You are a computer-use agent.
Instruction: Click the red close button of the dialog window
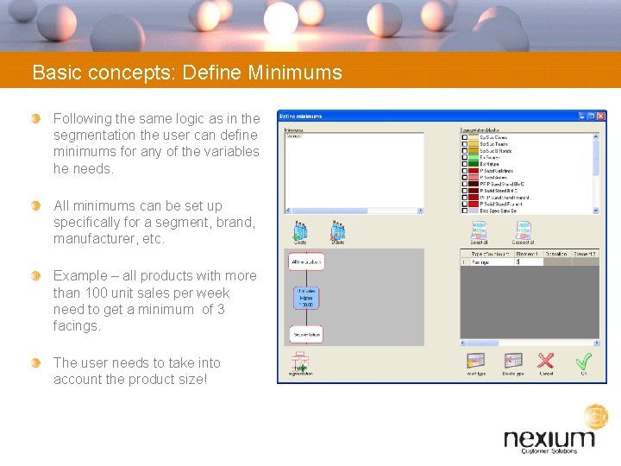(601, 116)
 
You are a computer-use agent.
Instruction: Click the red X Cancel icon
(545, 361)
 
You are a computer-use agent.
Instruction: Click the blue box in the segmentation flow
(306, 298)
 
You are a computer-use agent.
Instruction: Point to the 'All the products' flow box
(306, 261)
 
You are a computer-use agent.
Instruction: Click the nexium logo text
(549, 438)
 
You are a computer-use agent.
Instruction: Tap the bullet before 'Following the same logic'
(35, 117)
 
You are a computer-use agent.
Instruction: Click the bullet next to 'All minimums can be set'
(35, 205)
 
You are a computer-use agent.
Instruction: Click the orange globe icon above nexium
(596, 417)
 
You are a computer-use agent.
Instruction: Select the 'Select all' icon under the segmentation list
(478, 230)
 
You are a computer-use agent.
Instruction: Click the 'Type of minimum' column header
(489, 255)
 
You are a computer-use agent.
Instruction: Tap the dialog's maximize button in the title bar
(591, 116)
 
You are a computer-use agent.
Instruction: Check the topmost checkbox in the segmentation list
(465, 137)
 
